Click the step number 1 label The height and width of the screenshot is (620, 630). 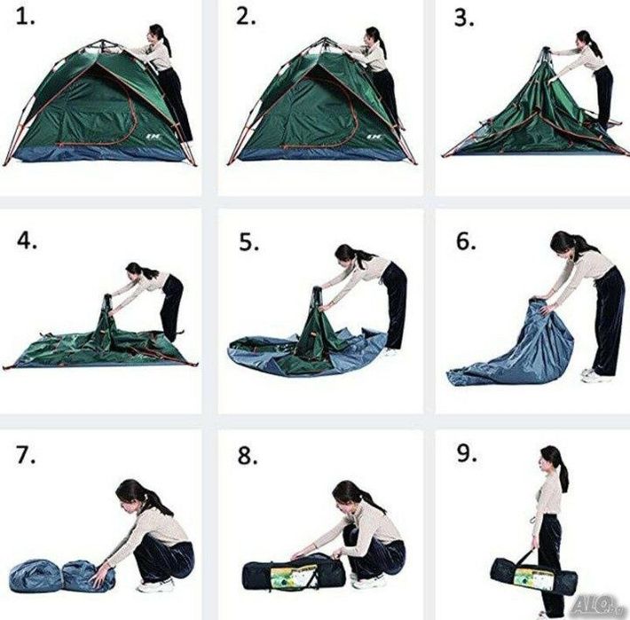point(25,18)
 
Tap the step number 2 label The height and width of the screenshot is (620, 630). point(246,18)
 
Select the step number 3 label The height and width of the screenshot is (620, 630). point(464,19)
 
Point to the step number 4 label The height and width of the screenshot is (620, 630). point(27,240)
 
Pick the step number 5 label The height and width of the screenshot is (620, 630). point(249,242)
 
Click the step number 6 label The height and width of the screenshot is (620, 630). point(466,240)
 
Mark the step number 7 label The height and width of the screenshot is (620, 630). point(26,455)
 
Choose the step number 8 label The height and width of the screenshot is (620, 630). point(248,456)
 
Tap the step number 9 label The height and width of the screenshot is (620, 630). point(467,453)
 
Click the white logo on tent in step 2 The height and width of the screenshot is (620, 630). point(374,137)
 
